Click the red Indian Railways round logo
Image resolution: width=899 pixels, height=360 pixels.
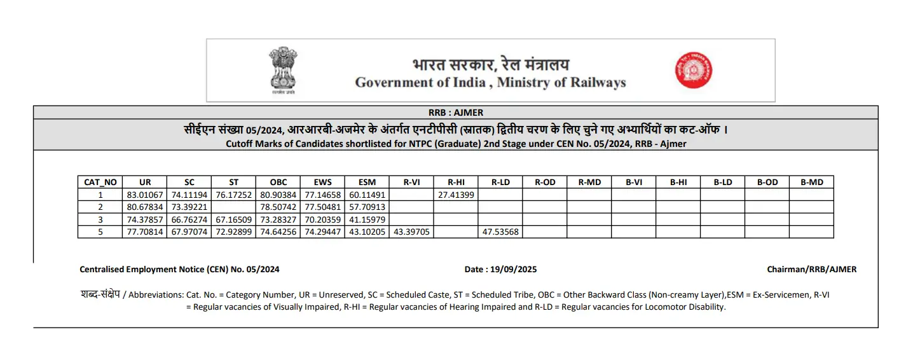[x=693, y=70]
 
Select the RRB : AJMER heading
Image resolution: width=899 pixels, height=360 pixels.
[x=455, y=113]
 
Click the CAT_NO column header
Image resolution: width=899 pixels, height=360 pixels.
[x=100, y=182]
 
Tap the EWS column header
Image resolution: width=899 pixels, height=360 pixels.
[x=322, y=182]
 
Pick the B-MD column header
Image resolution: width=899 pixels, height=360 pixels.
[x=811, y=182]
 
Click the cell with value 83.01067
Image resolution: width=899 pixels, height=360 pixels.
[x=145, y=195]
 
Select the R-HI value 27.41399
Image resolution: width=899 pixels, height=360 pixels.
[x=456, y=195]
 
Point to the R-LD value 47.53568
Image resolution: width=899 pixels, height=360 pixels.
[x=500, y=232]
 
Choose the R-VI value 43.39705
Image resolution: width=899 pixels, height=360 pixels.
[x=411, y=232]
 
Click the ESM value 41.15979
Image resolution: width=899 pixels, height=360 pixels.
[x=367, y=219]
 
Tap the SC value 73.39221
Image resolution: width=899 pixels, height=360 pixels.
[x=189, y=207]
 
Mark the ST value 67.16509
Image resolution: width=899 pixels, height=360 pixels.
[x=233, y=219]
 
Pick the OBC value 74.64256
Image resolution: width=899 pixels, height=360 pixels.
[x=278, y=232]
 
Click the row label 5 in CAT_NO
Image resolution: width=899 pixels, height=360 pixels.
[x=100, y=232]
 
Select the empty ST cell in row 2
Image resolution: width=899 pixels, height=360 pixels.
[x=233, y=207]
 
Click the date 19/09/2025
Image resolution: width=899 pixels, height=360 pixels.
[x=513, y=269]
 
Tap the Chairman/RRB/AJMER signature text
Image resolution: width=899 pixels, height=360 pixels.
[x=811, y=269]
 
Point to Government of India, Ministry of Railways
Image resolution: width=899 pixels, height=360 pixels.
[x=490, y=83]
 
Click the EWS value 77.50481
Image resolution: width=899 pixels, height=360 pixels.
[x=322, y=207]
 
